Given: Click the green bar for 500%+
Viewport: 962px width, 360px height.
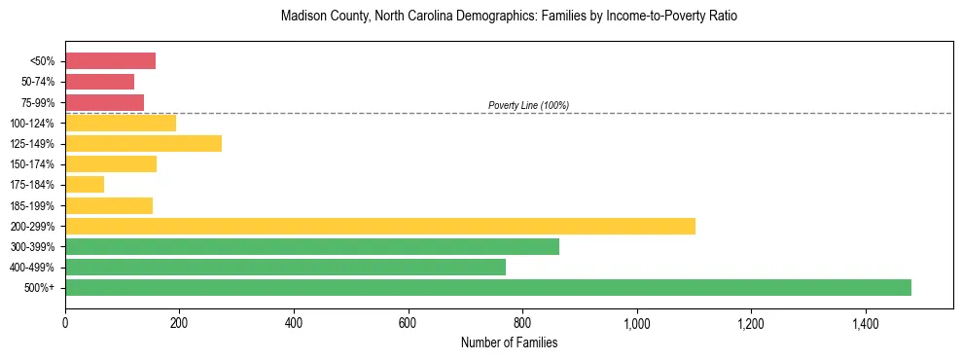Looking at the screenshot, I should (x=487, y=287).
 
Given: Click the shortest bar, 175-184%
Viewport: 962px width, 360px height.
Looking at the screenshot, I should (x=85, y=184).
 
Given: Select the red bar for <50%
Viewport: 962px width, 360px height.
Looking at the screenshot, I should (x=110, y=61).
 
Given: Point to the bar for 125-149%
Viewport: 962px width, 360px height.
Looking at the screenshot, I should (x=143, y=143).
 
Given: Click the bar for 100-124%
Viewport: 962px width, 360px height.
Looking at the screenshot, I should (x=121, y=123).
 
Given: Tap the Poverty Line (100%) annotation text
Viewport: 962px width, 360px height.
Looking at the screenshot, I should (x=528, y=105).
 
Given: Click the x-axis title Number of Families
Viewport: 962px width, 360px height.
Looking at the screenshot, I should (x=509, y=342).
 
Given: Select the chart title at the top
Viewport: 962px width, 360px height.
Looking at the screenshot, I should (x=509, y=17).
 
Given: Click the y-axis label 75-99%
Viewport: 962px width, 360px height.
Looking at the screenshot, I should (x=37, y=102).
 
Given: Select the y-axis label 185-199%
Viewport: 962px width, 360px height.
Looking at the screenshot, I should (x=34, y=205).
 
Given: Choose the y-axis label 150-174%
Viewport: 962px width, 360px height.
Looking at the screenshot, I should (x=34, y=164).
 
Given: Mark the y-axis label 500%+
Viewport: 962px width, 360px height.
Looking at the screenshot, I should (x=40, y=288).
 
